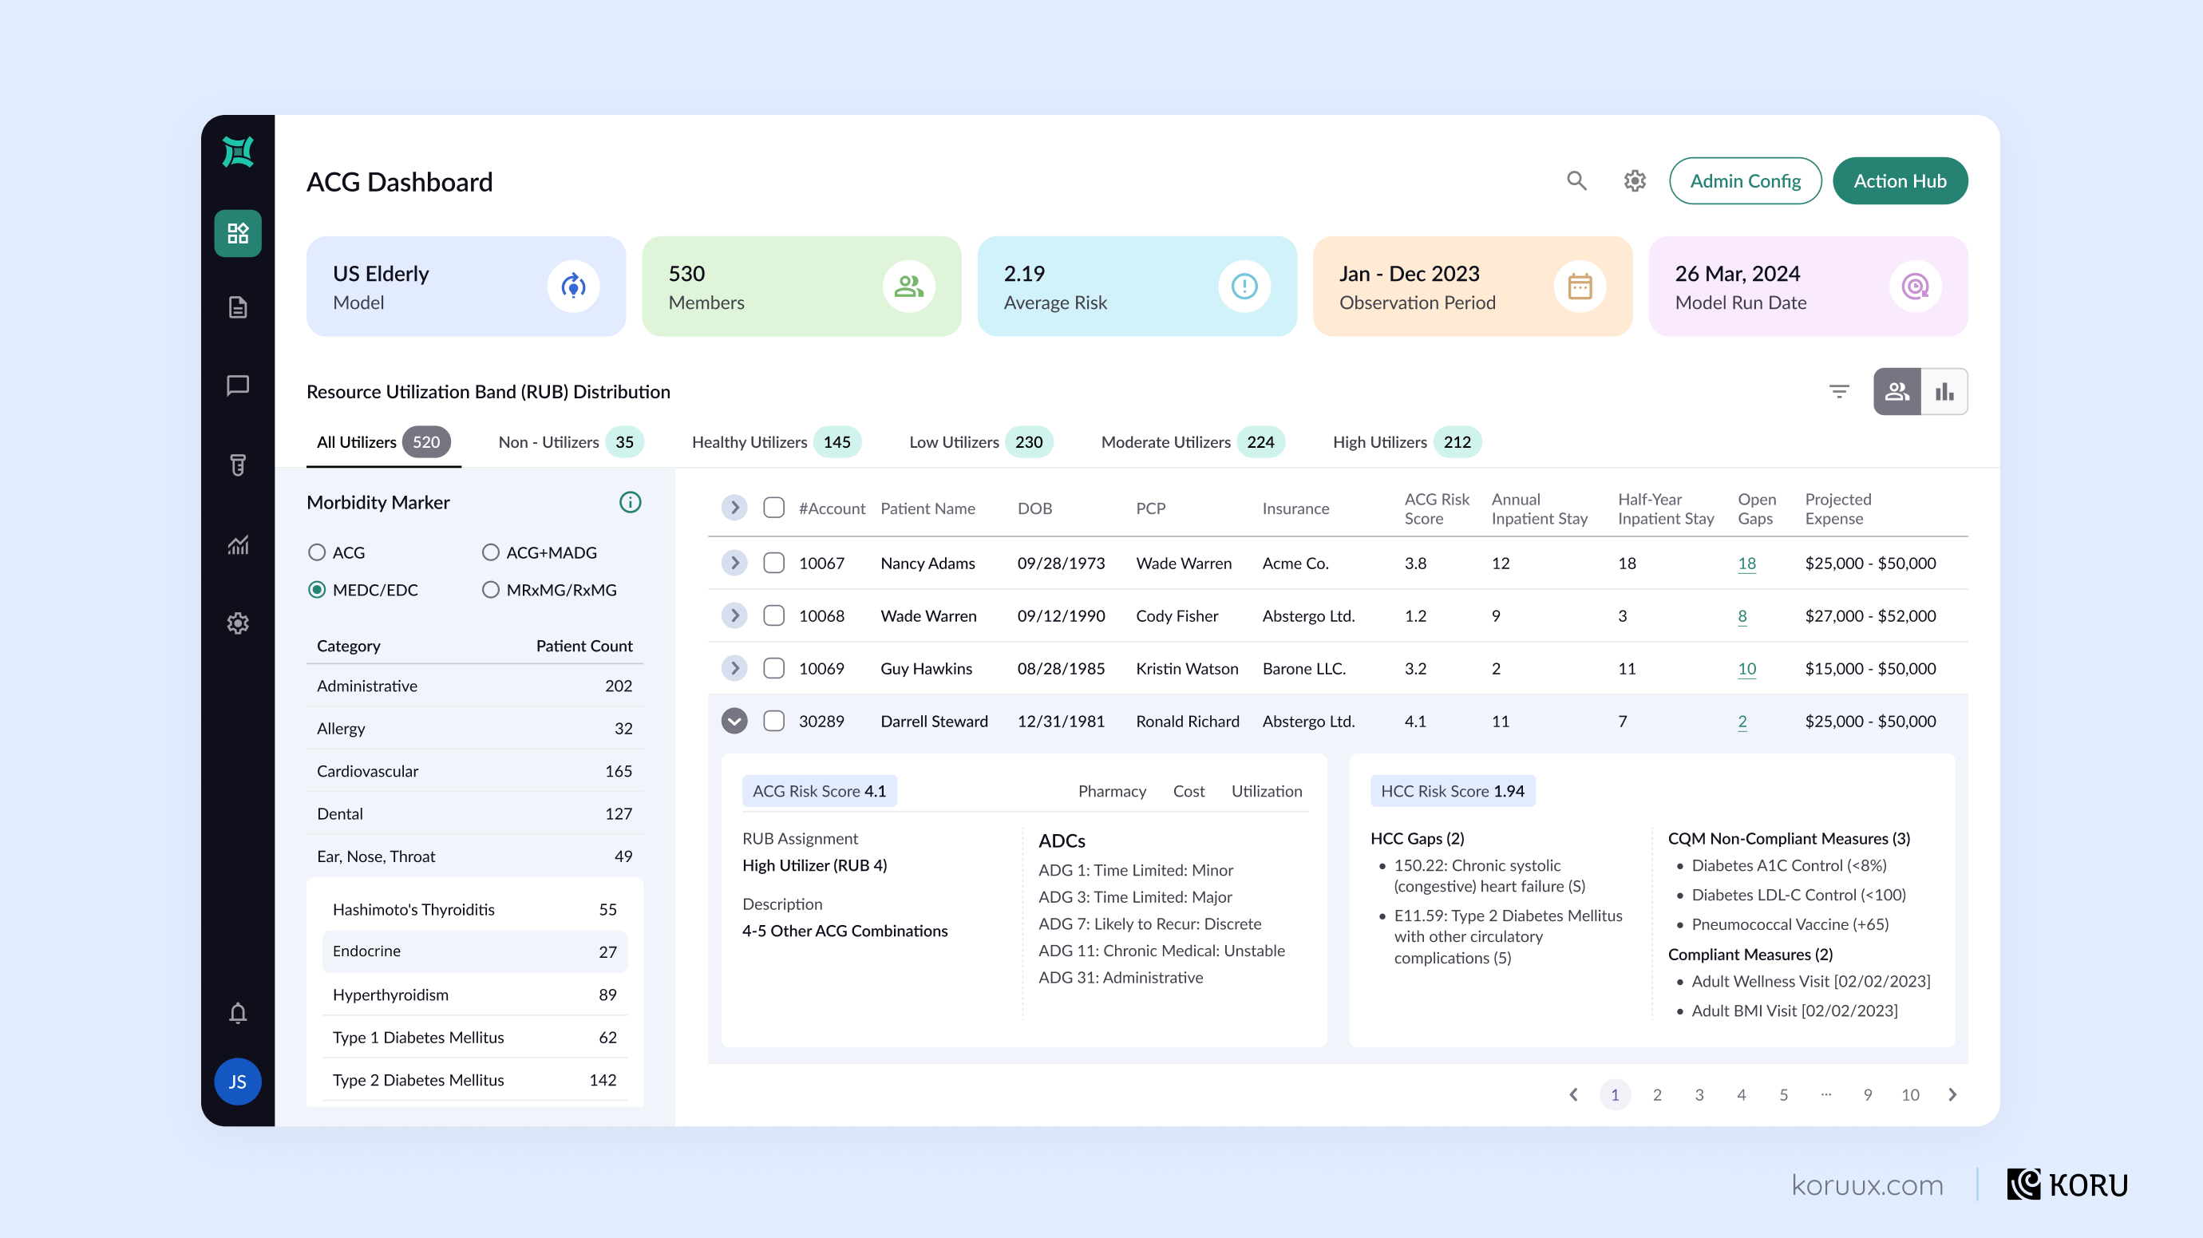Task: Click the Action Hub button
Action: (1900, 181)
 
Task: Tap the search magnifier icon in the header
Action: (1576, 181)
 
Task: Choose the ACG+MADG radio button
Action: (491, 552)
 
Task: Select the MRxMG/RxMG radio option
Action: (491, 590)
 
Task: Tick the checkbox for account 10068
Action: (774, 615)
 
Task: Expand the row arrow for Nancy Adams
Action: (734, 563)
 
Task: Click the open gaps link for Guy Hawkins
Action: (1746, 669)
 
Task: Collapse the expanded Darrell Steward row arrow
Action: (734, 721)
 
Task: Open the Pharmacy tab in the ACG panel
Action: (1112, 791)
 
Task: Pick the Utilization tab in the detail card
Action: (1267, 791)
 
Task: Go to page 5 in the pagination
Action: (1783, 1094)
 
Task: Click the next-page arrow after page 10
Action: (1952, 1094)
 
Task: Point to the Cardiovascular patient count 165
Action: (619, 771)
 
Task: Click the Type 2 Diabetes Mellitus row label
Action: (418, 1080)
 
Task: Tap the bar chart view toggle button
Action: (1944, 392)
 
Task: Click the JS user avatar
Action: (238, 1082)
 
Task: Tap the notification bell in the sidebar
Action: (238, 1013)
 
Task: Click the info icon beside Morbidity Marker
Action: (631, 503)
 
